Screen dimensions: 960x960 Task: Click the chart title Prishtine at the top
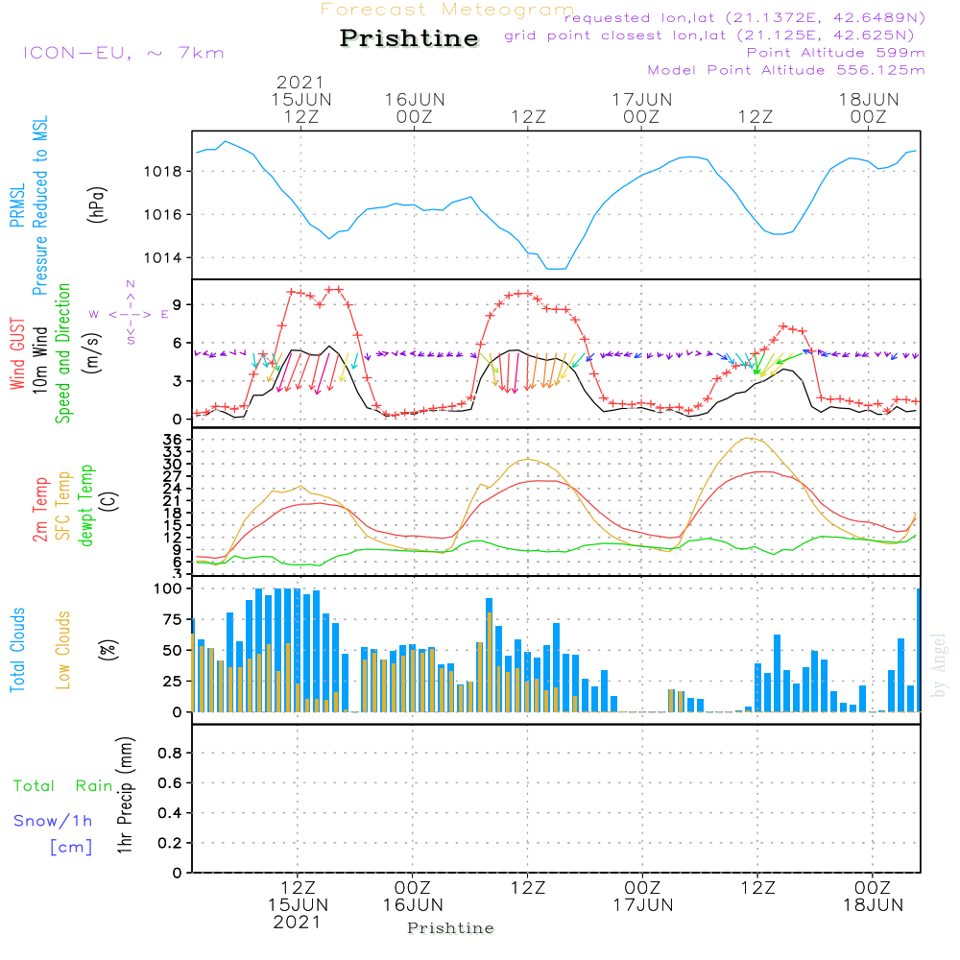409,38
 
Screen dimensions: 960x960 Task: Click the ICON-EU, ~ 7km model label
123,53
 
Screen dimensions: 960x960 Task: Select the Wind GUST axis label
17,354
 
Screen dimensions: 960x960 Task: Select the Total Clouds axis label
17,650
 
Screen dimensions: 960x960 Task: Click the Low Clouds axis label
63,650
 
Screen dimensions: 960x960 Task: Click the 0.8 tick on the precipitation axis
168,754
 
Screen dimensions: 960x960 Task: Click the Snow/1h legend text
54,821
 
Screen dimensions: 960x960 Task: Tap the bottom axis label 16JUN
413,904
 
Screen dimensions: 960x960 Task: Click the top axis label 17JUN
641,99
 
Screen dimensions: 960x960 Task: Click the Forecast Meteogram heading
447,11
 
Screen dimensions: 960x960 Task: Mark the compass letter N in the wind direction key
131,284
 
